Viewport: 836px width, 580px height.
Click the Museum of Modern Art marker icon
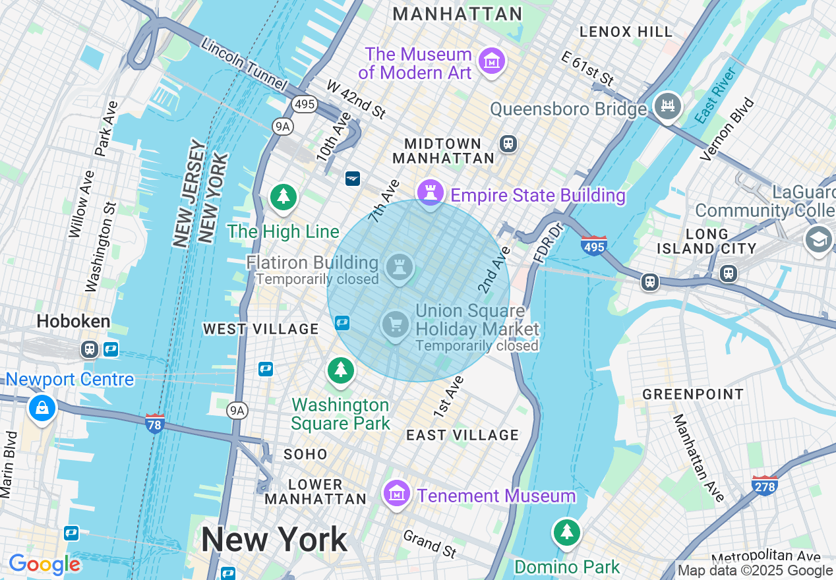click(491, 61)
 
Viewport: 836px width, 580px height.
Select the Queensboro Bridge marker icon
click(667, 105)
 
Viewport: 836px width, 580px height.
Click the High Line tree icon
click(284, 196)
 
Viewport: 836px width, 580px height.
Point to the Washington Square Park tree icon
click(340, 370)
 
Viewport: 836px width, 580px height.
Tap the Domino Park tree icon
click(566, 532)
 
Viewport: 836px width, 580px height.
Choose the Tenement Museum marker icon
click(396, 492)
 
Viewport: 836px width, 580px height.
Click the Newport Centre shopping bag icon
click(42, 408)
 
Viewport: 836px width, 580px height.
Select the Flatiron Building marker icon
click(399, 268)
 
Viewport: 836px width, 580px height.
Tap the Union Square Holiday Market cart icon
click(396, 324)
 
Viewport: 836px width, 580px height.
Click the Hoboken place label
click(73, 322)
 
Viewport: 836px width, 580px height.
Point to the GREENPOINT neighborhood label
click(693, 394)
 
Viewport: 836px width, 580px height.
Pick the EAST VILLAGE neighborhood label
click(462, 435)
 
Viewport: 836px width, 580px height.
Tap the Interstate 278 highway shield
click(764, 485)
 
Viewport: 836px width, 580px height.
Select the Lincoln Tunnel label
click(244, 65)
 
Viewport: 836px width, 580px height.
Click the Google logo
click(44, 564)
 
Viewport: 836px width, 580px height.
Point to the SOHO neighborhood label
click(305, 454)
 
